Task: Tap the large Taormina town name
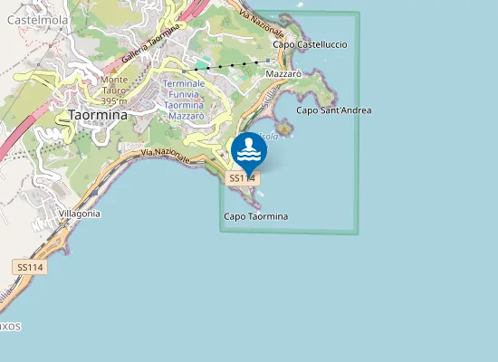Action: point(98,115)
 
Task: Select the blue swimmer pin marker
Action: point(248,151)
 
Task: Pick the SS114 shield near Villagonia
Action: point(29,267)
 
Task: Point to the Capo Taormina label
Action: point(255,217)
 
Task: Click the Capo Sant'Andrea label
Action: point(334,110)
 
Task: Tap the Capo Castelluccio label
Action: point(310,44)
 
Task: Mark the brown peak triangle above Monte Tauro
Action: point(114,70)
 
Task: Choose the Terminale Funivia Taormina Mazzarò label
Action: point(184,100)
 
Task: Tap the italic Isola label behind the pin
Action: point(269,136)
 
